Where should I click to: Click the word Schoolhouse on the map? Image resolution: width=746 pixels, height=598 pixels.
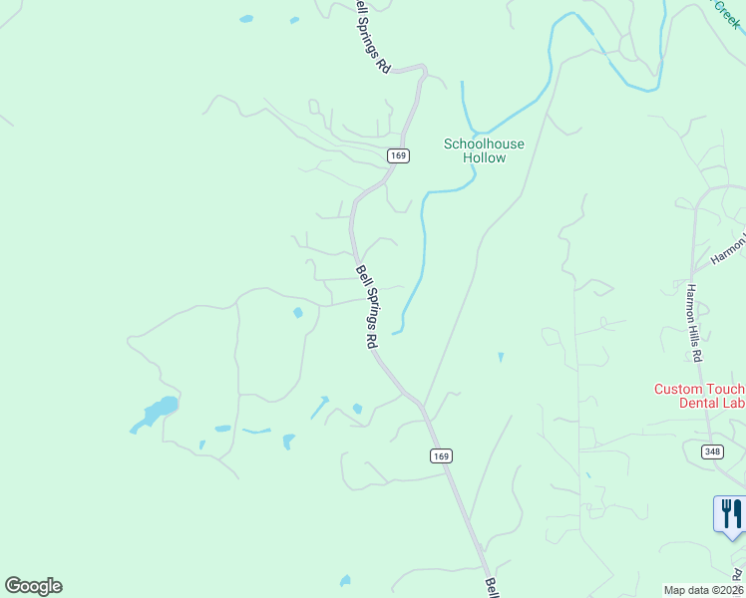coord(484,145)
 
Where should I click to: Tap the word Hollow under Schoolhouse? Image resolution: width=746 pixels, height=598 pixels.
coord(484,157)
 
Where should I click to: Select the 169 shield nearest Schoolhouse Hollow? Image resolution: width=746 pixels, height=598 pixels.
coord(398,155)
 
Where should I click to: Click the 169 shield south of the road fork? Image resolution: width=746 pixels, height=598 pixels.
coord(442,455)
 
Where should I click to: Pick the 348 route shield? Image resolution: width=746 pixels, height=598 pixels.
coord(712,451)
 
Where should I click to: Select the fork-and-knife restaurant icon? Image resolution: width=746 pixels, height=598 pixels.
coord(731,514)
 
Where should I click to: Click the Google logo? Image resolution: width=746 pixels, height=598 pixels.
coord(33,586)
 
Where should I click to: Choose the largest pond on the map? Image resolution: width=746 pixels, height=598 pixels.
coord(160,409)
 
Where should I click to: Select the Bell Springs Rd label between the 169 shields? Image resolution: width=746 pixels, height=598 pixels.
coord(366,306)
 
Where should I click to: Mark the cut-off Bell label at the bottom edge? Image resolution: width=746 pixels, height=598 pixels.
coord(492,587)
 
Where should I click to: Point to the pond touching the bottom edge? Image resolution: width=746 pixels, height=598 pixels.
coord(345,580)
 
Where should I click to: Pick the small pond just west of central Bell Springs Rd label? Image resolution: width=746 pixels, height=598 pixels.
coord(298,313)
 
